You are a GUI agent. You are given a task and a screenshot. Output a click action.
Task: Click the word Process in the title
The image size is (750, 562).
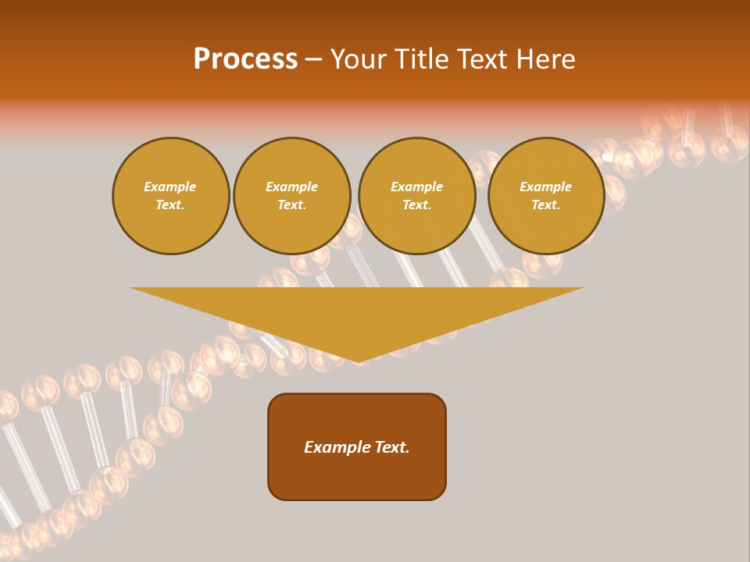(x=245, y=59)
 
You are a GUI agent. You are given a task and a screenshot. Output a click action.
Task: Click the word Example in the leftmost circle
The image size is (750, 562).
(x=170, y=187)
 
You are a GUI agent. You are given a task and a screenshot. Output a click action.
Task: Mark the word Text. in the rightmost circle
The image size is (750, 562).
(x=546, y=205)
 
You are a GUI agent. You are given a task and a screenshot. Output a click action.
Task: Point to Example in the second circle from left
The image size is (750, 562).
(x=292, y=187)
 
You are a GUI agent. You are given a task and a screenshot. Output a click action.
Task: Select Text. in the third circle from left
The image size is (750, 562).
(x=417, y=205)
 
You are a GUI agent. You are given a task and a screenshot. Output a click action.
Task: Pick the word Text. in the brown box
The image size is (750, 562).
(x=391, y=447)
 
